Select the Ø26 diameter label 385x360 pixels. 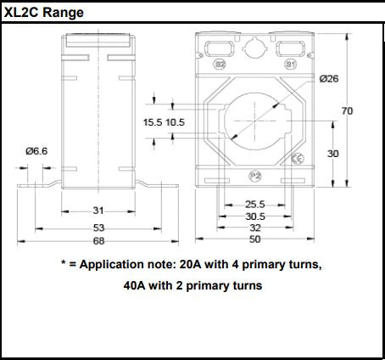(329, 79)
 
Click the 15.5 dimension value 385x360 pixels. (152, 122)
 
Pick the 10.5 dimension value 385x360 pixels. (175, 122)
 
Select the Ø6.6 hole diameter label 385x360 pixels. (36, 150)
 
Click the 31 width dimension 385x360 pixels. (98, 211)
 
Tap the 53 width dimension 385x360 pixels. (98, 228)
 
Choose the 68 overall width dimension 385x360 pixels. (98, 240)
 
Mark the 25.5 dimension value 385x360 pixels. (255, 205)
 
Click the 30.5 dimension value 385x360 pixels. (255, 217)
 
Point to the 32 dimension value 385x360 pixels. (255, 228)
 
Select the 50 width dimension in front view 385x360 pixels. (255, 239)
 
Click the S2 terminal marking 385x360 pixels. (220, 64)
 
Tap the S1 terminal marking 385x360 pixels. (290, 64)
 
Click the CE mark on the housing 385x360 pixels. (297, 159)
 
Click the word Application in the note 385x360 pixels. (113, 264)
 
